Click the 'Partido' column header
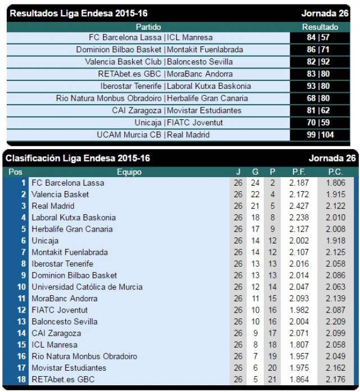[x=148, y=26]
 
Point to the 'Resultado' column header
[x=319, y=26]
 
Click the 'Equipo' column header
[x=129, y=172]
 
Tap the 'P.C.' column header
[x=335, y=172]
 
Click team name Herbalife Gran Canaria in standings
[x=72, y=229]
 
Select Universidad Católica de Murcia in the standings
[x=87, y=287]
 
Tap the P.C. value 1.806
[x=335, y=183]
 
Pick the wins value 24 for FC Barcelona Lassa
[x=255, y=183]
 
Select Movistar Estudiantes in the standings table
[x=69, y=368]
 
